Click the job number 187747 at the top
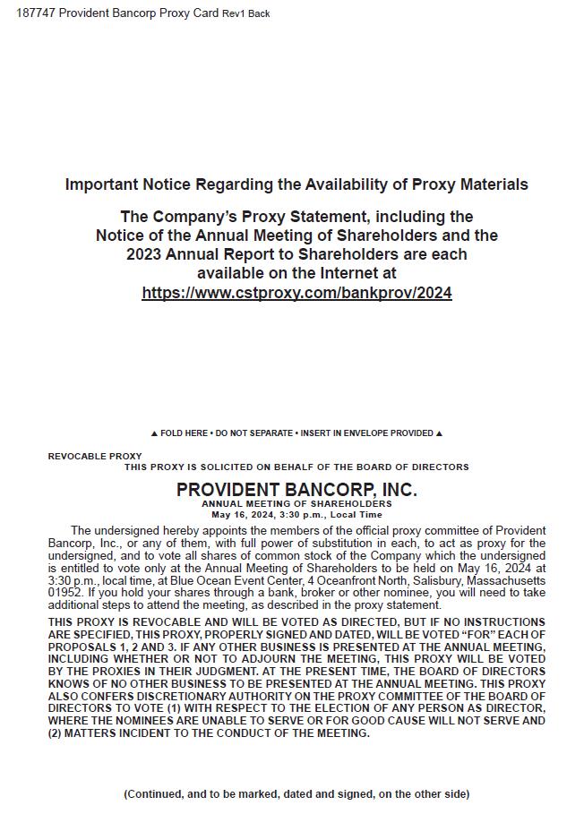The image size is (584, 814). pos(35,13)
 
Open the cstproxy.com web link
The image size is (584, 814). pos(296,293)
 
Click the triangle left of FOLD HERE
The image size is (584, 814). pos(154,433)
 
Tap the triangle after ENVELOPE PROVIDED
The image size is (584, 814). pos(439,433)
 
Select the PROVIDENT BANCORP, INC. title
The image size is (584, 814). pos(296,490)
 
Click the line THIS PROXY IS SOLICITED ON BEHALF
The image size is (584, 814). pos(296,467)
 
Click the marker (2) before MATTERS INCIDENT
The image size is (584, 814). pos(56,733)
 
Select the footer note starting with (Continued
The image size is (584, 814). pos(296,793)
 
